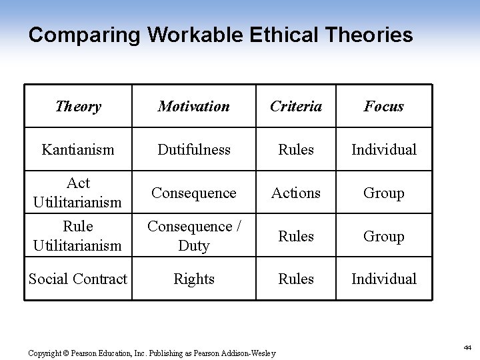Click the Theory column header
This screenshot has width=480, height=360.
coord(78,106)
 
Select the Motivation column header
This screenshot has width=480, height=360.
coord(194,106)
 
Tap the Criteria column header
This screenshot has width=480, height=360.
coord(295,106)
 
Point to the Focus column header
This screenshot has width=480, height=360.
coord(383,106)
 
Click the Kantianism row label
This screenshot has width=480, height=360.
coord(78,149)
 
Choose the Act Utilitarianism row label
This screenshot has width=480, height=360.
coord(78,192)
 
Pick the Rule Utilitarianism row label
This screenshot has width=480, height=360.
coord(78,236)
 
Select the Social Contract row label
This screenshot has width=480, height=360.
coord(78,279)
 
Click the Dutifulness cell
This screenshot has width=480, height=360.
coord(194,149)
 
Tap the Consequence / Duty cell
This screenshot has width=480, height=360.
coord(194,236)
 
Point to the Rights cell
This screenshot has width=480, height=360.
coord(194,279)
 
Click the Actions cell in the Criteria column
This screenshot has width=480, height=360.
coord(295,193)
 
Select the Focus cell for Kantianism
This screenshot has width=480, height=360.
coord(383,149)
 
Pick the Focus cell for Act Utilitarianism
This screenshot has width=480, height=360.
coord(383,193)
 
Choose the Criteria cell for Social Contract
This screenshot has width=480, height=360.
coord(295,279)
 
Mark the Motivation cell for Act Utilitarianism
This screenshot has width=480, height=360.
coord(194,193)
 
